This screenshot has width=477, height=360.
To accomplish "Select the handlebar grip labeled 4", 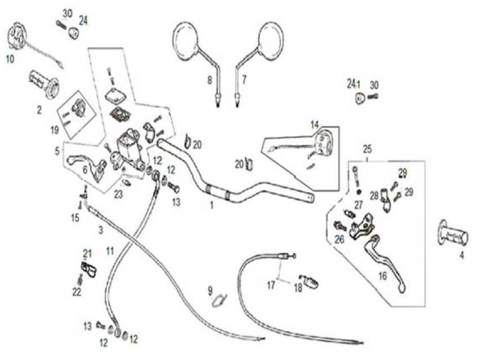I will click(454, 234).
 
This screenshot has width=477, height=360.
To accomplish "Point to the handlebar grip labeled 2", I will click(45, 83).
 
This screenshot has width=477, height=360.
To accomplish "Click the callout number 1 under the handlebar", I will click(212, 206).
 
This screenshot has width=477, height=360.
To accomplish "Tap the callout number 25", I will click(367, 150).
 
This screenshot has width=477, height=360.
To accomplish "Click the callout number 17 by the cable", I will click(271, 285).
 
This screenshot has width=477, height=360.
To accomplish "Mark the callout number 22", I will click(76, 292).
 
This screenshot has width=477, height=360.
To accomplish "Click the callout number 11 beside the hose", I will click(109, 249).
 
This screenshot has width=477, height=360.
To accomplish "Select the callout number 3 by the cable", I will click(100, 230).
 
